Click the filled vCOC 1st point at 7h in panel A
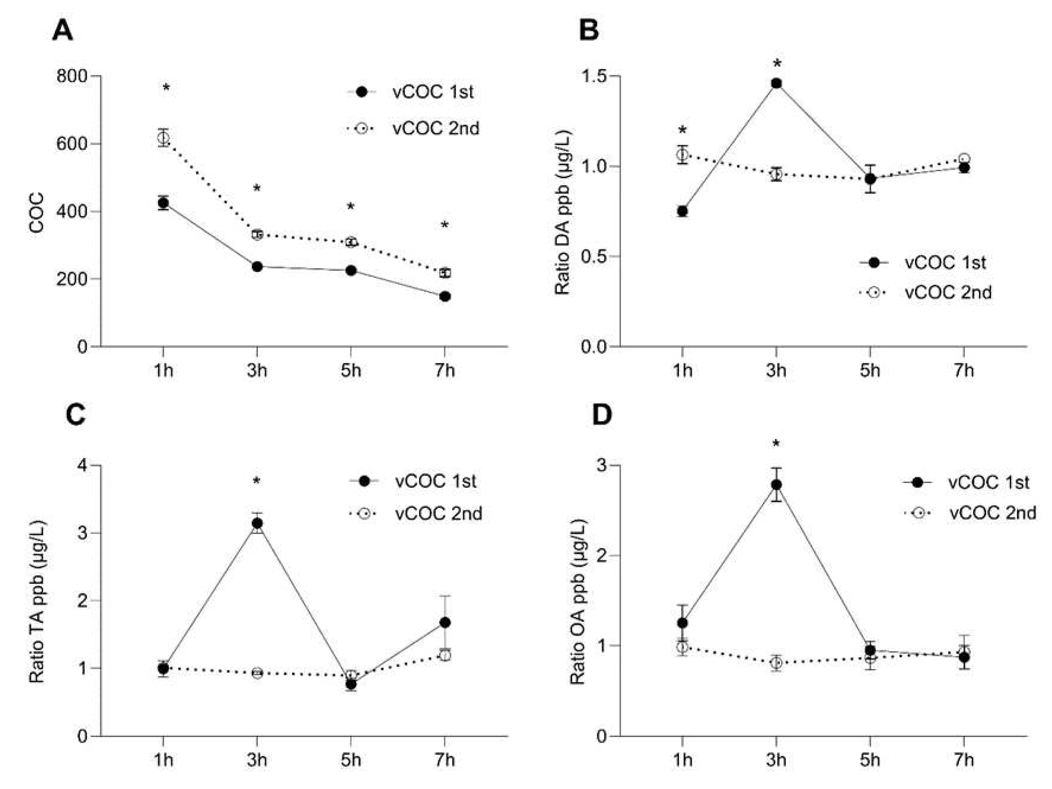[445, 297]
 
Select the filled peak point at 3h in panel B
[776, 84]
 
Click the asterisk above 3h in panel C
[257, 481]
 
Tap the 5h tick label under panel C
[350, 760]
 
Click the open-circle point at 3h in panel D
[776, 662]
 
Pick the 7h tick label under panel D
[964, 760]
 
